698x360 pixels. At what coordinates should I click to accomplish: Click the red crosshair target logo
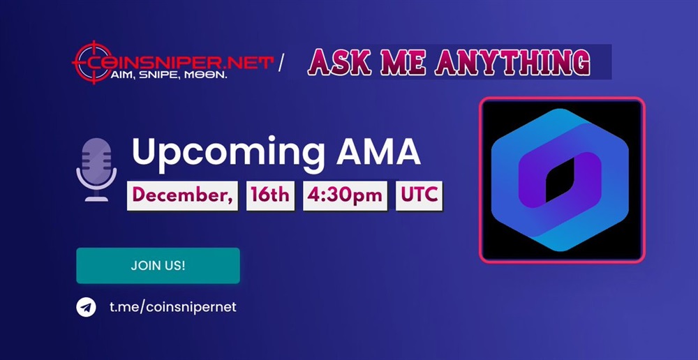pyautogui.click(x=93, y=62)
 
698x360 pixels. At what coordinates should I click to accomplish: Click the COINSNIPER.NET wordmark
pyautogui.click(x=178, y=62)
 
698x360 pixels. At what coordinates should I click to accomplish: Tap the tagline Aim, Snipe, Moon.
pyautogui.click(x=168, y=75)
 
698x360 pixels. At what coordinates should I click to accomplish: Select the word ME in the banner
pyautogui.click(x=396, y=62)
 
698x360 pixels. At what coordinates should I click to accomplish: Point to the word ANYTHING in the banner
pyautogui.click(x=512, y=62)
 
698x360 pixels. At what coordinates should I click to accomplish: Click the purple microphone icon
pyautogui.click(x=96, y=170)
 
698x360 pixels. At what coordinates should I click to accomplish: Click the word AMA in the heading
pyautogui.click(x=378, y=151)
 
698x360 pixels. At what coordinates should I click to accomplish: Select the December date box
pyautogui.click(x=183, y=195)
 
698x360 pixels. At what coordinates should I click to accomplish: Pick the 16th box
pyautogui.click(x=270, y=195)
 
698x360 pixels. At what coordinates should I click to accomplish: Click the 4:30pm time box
pyautogui.click(x=345, y=195)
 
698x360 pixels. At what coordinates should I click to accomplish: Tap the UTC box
pyautogui.click(x=419, y=195)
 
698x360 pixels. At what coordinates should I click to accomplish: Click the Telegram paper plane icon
pyautogui.click(x=86, y=307)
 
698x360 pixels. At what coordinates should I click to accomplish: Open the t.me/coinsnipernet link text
pyautogui.click(x=173, y=307)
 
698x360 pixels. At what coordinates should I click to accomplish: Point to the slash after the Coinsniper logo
pyautogui.click(x=281, y=63)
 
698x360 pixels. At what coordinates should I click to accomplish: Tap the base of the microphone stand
pyautogui.click(x=96, y=198)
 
